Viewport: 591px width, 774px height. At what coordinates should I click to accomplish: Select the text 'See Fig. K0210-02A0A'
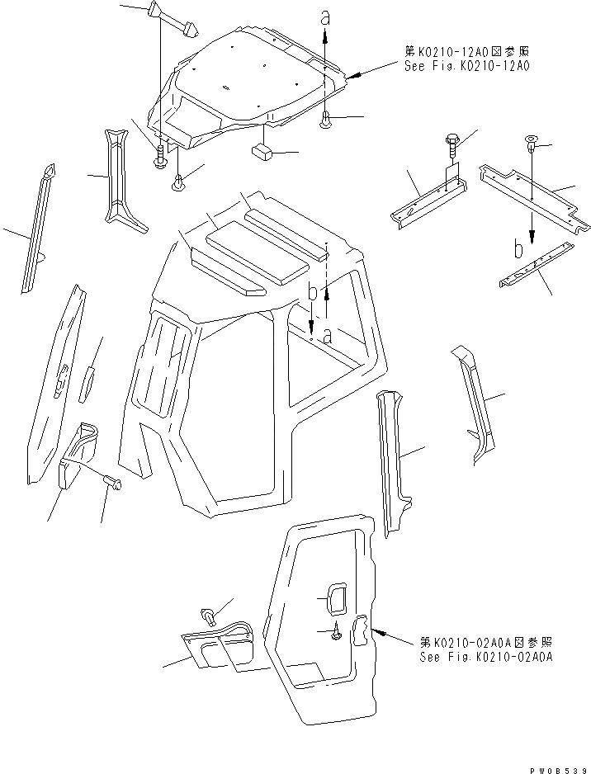(x=485, y=657)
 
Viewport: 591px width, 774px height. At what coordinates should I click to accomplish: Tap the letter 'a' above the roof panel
(x=325, y=17)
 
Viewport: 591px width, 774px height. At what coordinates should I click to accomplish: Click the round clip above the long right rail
(x=532, y=145)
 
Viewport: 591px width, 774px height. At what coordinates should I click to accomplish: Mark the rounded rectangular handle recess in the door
(x=335, y=598)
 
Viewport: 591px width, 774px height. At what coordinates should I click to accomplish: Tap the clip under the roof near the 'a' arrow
(x=325, y=120)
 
